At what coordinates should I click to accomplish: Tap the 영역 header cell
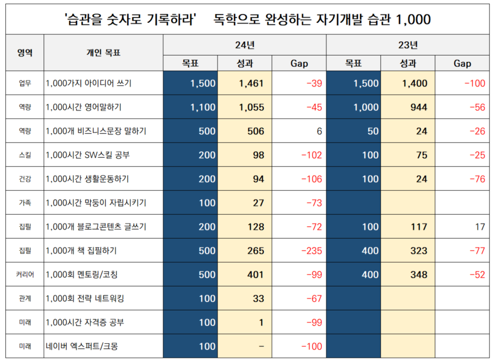[x=24, y=53]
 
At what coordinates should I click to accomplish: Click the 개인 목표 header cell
[x=103, y=53]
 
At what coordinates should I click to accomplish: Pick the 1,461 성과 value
[x=251, y=83]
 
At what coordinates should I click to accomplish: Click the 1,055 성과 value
[x=251, y=107]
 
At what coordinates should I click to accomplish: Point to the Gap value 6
[x=319, y=131]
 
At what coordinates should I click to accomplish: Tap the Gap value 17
[x=479, y=227]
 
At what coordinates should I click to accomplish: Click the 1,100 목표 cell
[x=203, y=107]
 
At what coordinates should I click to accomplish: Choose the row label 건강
[x=24, y=179]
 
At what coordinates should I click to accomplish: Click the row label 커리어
[x=24, y=275]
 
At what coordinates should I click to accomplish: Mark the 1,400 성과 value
[x=414, y=83]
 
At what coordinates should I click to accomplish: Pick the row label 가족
[x=24, y=203]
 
